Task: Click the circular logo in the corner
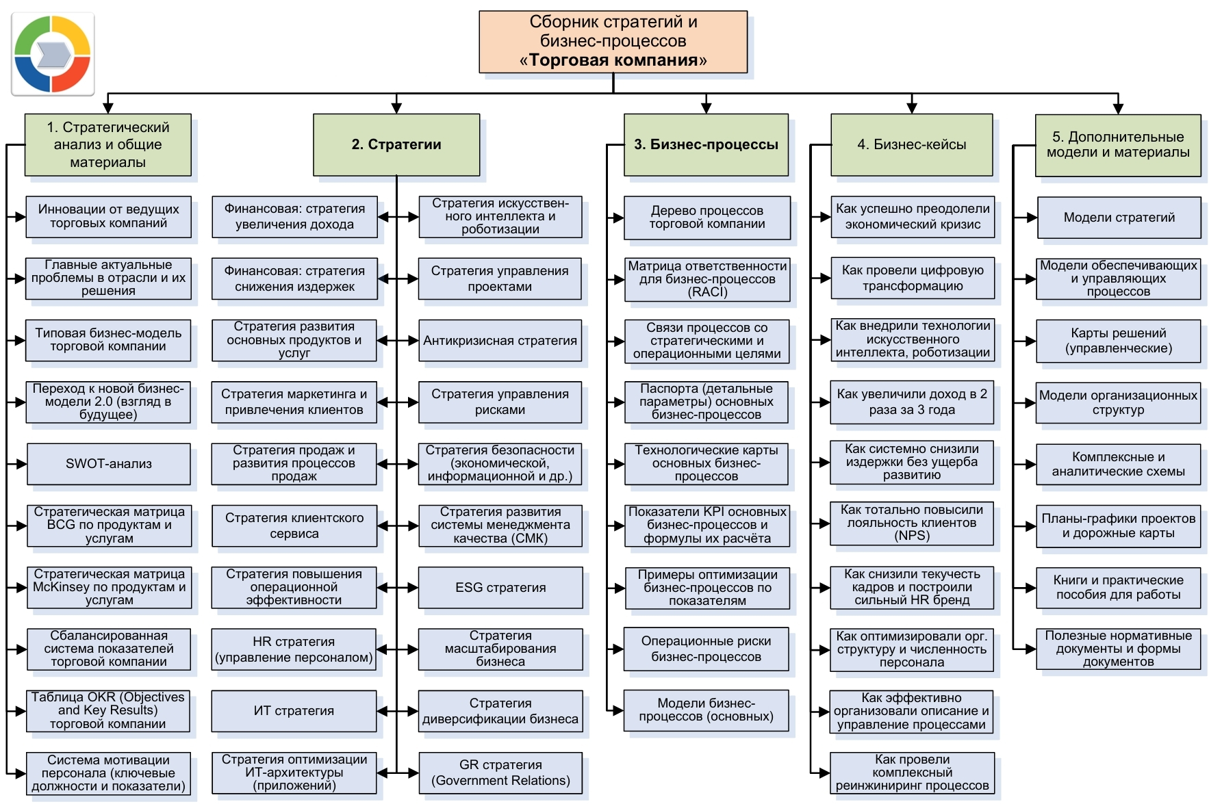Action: point(53,54)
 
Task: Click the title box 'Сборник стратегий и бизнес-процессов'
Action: point(613,42)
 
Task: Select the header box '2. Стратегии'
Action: point(396,144)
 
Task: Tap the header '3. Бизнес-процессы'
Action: point(706,144)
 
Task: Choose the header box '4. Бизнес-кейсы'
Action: point(911,144)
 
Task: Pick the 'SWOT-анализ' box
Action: point(109,464)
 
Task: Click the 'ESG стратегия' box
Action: point(500,587)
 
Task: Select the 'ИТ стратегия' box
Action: point(294,711)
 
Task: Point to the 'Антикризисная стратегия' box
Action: point(500,341)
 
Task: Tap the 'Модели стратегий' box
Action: point(1119,218)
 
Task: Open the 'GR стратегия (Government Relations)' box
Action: point(500,773)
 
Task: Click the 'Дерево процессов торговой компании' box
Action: point(707,218)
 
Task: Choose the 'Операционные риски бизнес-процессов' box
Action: point(706,649)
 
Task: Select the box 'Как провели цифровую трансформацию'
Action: point(913,278)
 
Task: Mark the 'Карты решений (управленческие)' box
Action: point(1119,341)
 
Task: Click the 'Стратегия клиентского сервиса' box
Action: point(294,526)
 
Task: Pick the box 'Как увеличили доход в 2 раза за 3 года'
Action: point(912,402)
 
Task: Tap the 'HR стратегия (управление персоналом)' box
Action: point(294,649)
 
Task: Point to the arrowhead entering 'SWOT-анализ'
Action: point(21,464)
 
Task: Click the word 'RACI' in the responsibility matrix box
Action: point(708,292)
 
